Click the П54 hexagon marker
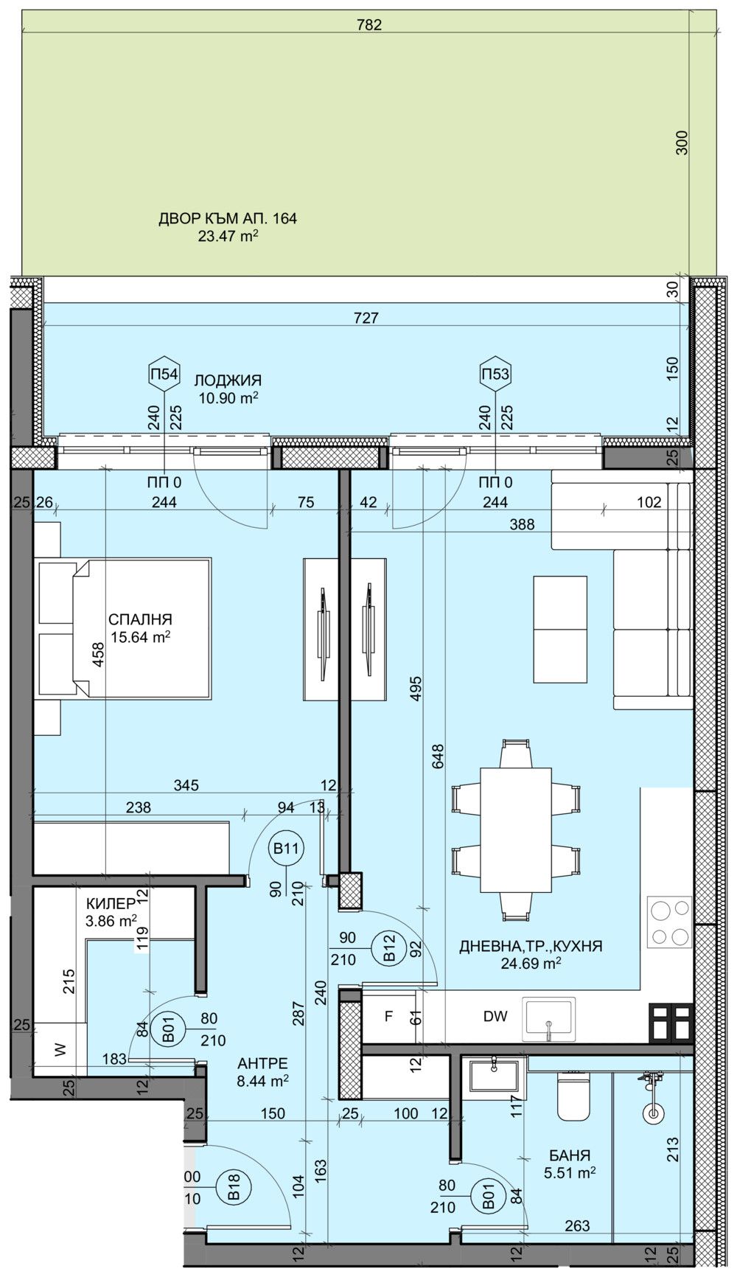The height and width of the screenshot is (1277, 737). (164, 374)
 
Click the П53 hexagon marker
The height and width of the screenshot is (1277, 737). (495, 374)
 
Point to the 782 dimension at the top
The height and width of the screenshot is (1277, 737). (368, 25)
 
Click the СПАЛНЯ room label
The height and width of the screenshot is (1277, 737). (140, 619)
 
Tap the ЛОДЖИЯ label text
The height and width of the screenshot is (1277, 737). (228, 380)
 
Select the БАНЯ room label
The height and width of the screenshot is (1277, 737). (569, 1156)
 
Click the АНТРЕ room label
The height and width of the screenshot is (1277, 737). (262, 1063)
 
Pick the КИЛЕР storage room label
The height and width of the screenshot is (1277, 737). (111, 903)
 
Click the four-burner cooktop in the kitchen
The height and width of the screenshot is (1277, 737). (669, 922)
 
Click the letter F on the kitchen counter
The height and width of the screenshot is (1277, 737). (388, 1017)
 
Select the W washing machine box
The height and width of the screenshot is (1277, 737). (60, 1049)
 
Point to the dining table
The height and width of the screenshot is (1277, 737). (515, 829)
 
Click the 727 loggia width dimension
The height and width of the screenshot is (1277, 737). (366, 318)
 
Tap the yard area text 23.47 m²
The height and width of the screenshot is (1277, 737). (228, 236)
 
